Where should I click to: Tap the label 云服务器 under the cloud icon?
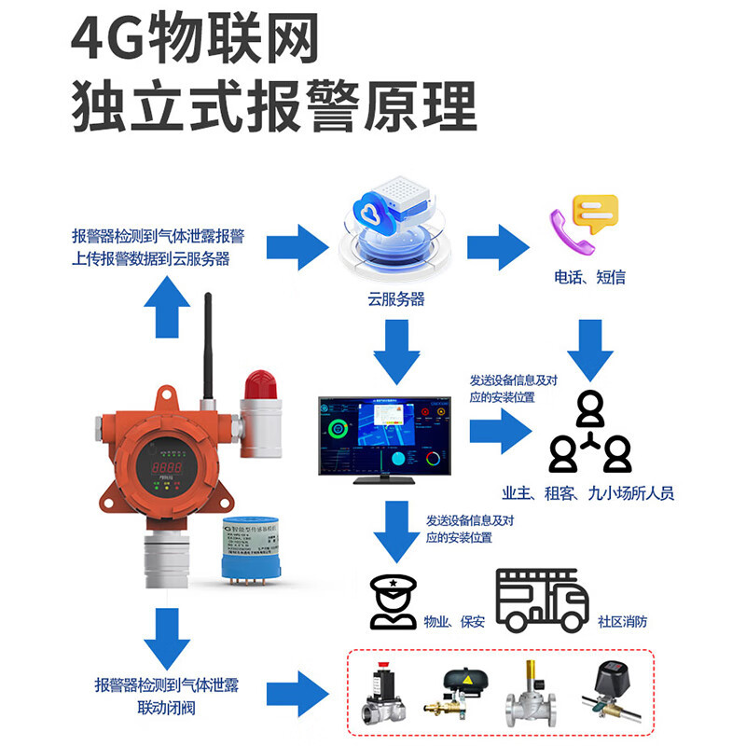click(395, 299)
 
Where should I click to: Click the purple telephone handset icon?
click(571, 231)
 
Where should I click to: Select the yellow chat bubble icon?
click(595, 211)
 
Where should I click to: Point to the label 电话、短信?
click(589, 277)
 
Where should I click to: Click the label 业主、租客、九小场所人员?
click(587, 494)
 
